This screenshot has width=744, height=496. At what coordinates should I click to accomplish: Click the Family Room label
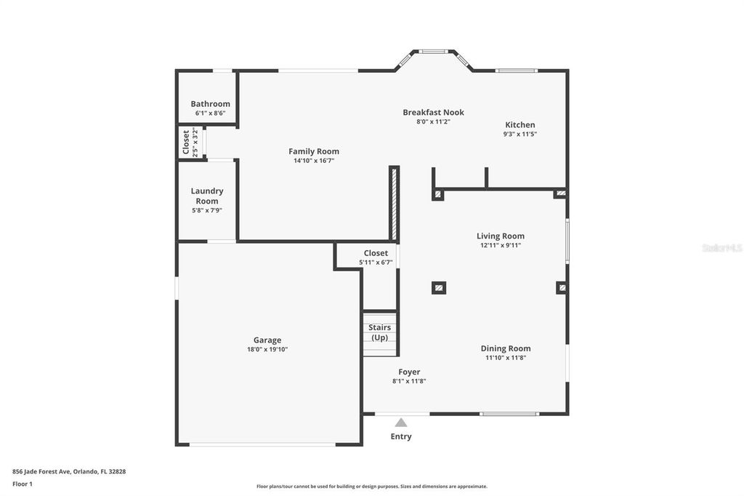coord(314,151)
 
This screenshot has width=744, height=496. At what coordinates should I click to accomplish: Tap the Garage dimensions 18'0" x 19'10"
coord(267,349)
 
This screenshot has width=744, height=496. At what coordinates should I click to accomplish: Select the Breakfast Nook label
coord(433,112)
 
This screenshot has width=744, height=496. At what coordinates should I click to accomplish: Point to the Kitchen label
coord(520,124)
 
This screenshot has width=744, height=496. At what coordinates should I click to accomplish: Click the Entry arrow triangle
coord(401,422)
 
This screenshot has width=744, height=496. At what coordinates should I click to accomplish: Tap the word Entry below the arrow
coord(401,436)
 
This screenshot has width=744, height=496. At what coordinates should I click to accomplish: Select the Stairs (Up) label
coord(379,332)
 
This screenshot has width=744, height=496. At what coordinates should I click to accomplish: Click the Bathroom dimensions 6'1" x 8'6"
coord(210,113)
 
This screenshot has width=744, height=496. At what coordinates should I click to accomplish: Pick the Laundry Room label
coord(207,196)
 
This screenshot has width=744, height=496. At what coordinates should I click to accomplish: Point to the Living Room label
coord(500,236)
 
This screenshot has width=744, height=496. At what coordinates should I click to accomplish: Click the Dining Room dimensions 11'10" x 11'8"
coord(506,357)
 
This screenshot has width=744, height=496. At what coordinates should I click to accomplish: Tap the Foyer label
coord(409,372)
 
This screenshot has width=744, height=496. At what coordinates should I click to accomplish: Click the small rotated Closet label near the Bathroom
coord(186,142)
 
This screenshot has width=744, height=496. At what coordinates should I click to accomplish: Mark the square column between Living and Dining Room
coord(438,287)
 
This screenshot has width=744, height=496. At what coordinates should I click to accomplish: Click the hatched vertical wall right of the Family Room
coord(394,204)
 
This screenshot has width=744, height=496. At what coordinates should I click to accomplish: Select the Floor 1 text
coord(23,484)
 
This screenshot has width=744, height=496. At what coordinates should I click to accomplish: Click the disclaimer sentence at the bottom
coord(371,487)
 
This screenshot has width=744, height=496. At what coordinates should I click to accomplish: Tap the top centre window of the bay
coord(434,51)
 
